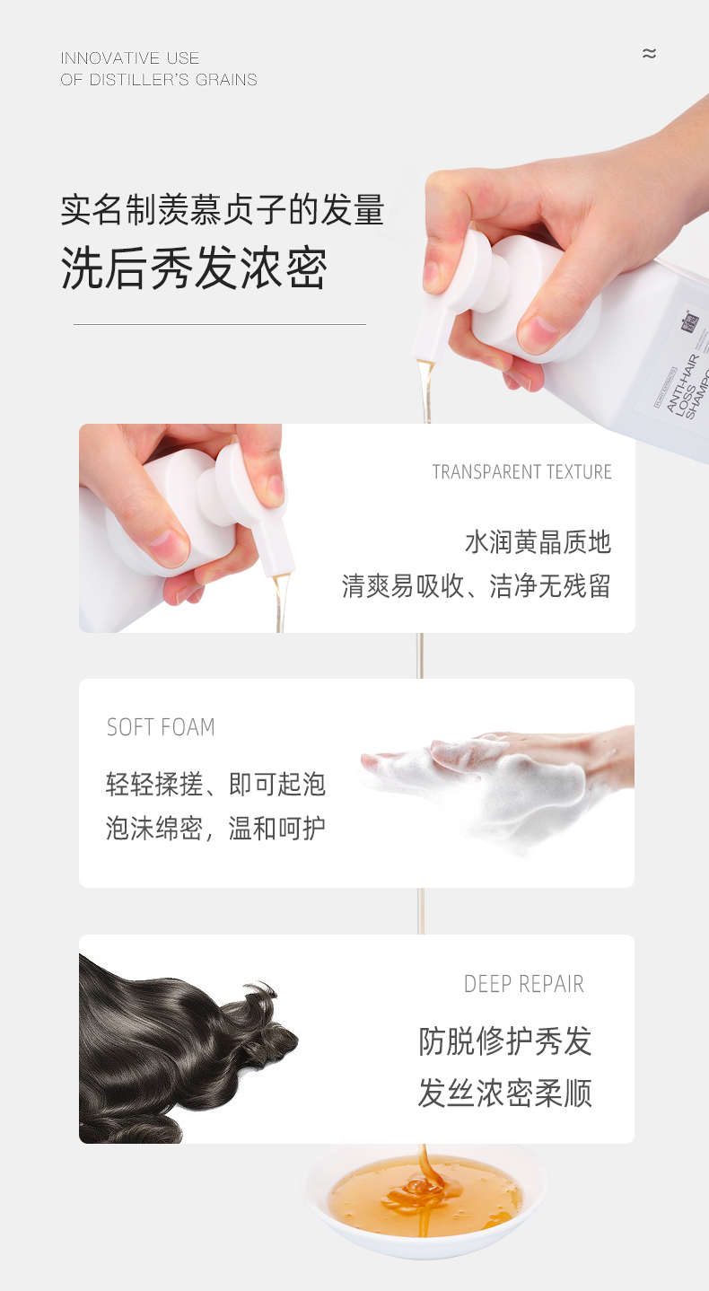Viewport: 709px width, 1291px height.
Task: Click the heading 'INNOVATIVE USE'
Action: pos(130,58)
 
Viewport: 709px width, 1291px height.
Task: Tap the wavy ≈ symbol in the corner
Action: pos(649,54)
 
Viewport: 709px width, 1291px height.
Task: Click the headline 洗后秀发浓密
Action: pos(194,268)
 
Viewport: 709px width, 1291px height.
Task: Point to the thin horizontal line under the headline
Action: pos(220,324)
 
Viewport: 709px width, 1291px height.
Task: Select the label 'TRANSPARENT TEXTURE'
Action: pos(521,472)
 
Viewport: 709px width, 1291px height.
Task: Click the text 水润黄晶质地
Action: pos(538,542)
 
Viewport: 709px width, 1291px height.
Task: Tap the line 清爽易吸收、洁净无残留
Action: pos(477,586)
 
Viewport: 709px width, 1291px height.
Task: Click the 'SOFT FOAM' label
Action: pos(161,727)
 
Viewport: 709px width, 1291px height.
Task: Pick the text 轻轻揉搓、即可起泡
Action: pos(216,785)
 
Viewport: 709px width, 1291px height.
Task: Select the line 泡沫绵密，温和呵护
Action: pos(216,829)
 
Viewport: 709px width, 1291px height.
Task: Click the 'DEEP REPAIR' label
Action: pos(523,984)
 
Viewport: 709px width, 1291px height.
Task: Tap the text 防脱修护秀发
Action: pos(505,1041)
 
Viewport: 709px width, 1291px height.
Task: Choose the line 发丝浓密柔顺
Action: pos(505,1093)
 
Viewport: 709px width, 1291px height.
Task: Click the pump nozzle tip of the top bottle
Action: pos(425,359)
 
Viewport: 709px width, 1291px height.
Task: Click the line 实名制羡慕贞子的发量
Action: pos(223,210)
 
